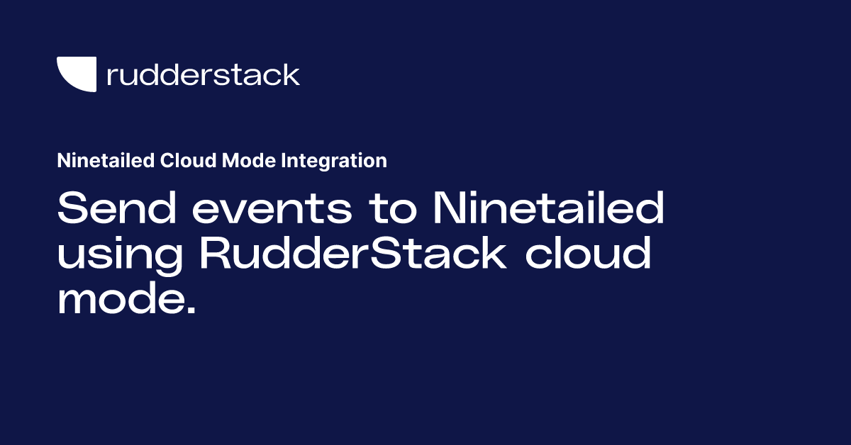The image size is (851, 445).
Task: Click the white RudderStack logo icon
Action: [76, 74]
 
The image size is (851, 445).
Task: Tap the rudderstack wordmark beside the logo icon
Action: [203, 74]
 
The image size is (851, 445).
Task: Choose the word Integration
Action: [333, 161]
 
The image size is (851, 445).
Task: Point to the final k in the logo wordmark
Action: [291, 74]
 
